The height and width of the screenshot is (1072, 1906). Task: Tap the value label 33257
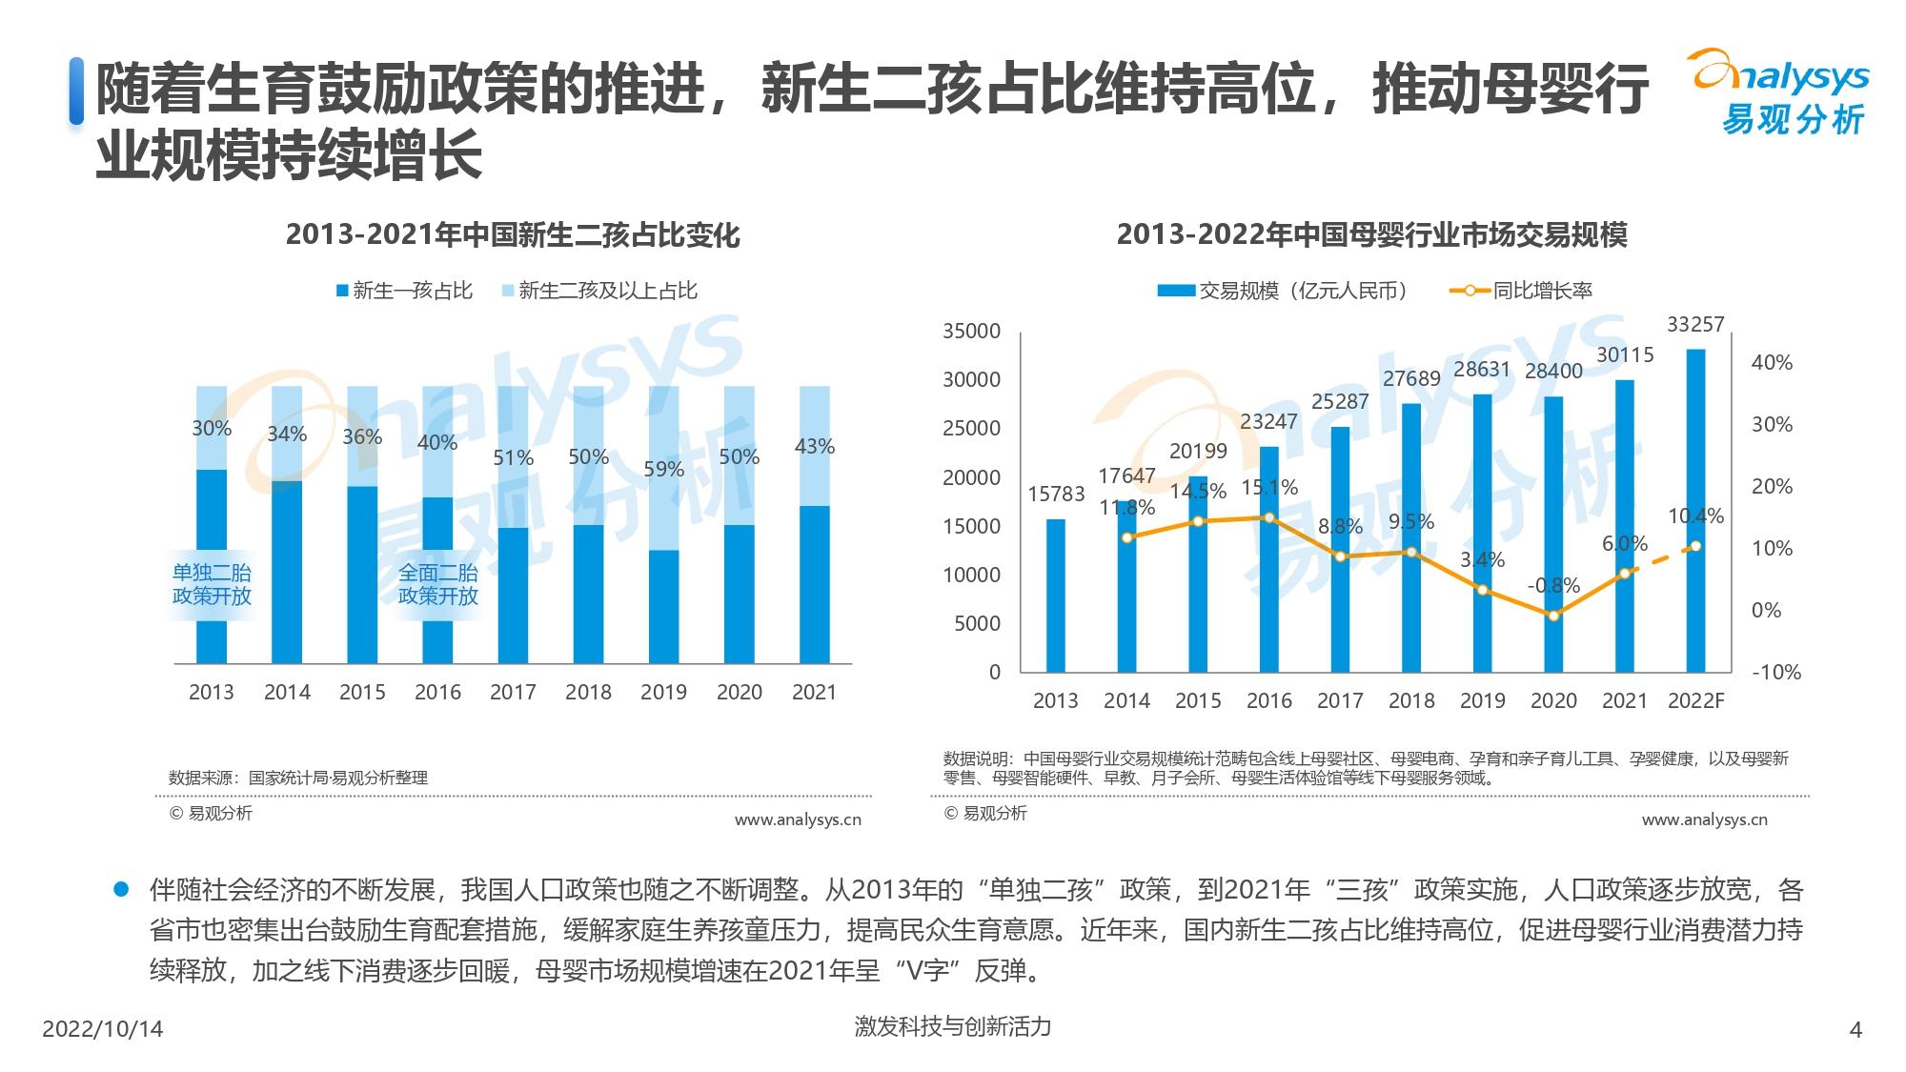click(1695, 325)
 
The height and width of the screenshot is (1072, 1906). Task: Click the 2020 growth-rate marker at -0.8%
click(1553, 616)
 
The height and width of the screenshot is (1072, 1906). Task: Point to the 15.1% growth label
click(1269, 488)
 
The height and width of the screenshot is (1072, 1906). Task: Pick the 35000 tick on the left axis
click(971, 332)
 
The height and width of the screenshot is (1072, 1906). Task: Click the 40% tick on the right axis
click(1772, 363)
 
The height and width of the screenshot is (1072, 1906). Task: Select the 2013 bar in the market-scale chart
click(1056, 596)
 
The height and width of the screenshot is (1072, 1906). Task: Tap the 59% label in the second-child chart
click(663, 470)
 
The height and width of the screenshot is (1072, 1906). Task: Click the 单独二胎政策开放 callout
click(212, 584)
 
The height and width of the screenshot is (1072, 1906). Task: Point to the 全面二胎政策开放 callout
click(438, 584)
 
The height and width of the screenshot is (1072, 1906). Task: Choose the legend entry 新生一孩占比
click(404, 291)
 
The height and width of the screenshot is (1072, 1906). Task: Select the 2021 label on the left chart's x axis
click(814, 693)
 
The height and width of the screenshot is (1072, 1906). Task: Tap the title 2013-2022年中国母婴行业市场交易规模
click(1371, 235)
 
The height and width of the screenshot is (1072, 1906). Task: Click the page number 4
click(1855, 1029)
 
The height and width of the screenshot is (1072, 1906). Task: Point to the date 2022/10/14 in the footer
click(103, 1029)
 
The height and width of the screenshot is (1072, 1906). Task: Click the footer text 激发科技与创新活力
click(953, 1026)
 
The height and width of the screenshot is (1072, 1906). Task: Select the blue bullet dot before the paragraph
click(121, 889)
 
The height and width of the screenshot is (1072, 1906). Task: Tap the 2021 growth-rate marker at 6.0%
click(1625, 574)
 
